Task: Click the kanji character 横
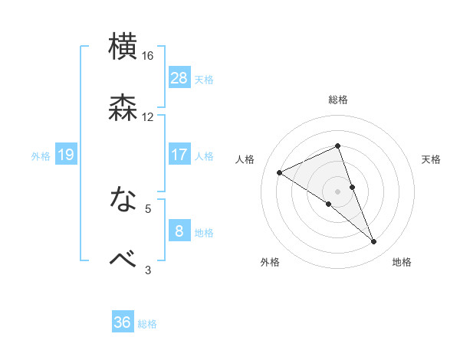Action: click(123, 47)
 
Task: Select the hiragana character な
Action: click(123, 200)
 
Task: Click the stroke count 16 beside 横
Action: click(148, 56)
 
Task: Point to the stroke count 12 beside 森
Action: click(148, 117)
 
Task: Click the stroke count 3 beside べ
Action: click(148, 270)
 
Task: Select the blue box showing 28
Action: click(179, 77)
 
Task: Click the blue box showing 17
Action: click(179, 155)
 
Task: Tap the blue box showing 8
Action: click(179, 231)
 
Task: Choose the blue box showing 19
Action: click(65, 155)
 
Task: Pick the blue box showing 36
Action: click(123, 322)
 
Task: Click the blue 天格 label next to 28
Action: click(204, 79)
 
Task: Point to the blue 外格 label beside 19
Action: click(41, 156)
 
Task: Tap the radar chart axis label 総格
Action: click(337, 100)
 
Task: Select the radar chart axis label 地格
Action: click(402, 262)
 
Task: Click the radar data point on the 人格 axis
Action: click(279, 172)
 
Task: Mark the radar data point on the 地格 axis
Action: click(374, 242)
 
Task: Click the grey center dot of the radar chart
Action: click(337, 191)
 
